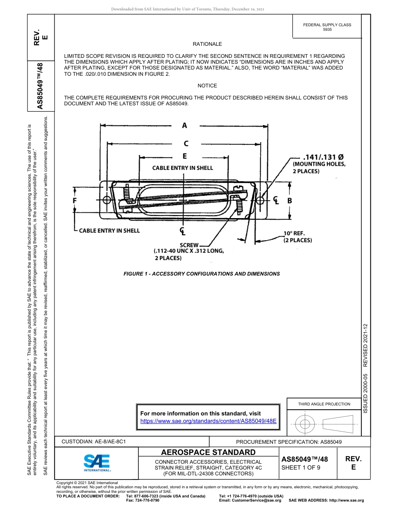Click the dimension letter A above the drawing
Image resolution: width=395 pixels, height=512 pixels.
(x=184, y=125)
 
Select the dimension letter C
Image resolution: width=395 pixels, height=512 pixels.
(x=185, y=144)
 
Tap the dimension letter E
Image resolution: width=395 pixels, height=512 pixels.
(x=185, y=157)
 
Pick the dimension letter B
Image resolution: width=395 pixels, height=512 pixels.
(x=290, y=201)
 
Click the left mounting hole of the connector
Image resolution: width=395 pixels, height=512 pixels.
(x=107, y=200)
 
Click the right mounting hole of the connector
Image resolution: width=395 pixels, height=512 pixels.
(x=260, y=200)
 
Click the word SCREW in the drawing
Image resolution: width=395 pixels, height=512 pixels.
(x=189, y=245)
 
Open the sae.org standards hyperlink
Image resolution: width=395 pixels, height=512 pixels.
(x=208, y=421)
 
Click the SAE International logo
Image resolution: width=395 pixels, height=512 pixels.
(x=97, y=462)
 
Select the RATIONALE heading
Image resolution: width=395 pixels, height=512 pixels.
(x=207, y=44)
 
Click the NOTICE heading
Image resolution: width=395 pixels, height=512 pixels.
(x=207, y=86)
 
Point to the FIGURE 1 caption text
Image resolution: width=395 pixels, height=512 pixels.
(x=202, y=274)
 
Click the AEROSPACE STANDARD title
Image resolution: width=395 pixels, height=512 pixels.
(x=208, y=452)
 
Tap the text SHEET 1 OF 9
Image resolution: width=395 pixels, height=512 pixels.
(x=301, y=467)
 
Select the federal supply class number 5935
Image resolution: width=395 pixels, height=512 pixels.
(x=327, y=30)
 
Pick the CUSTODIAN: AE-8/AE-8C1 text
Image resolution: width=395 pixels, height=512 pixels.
(x=94, y=442)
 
